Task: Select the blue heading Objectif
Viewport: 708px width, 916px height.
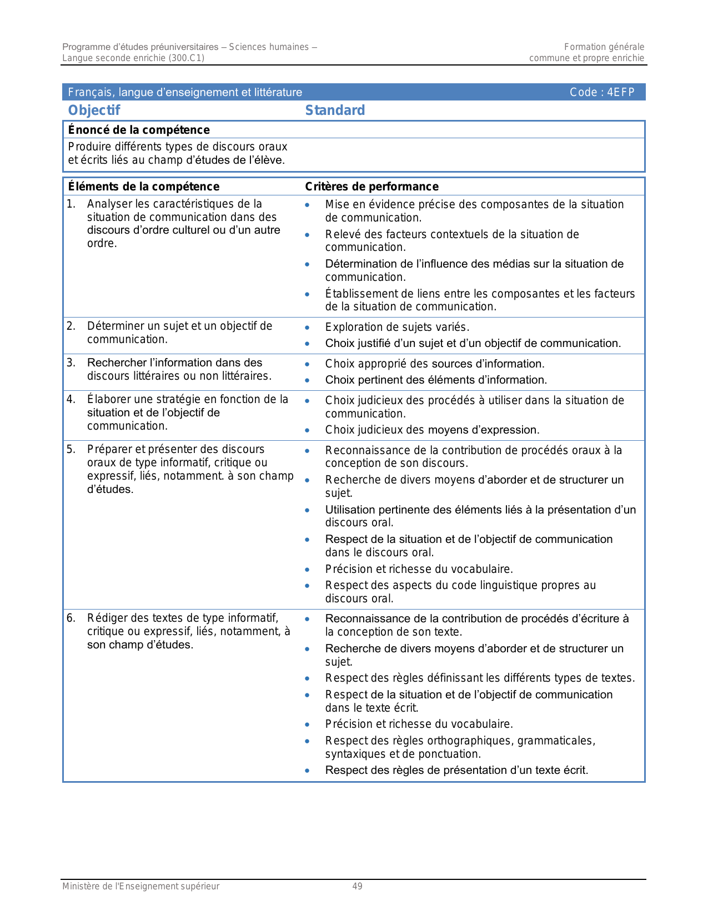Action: pos(94,110)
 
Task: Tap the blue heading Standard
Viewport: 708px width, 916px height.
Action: pos(335,110)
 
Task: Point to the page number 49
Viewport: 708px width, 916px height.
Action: pos(357,887)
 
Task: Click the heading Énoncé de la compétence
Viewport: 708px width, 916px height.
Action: pos(139,130)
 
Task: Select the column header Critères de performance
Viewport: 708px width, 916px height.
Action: pos(371,187)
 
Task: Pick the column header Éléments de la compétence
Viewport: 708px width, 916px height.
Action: pos(143,187)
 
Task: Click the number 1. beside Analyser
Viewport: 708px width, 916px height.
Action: pos(71,204)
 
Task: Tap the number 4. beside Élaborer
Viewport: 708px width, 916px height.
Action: pos(71,399)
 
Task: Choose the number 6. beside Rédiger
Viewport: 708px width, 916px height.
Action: pos(71,618)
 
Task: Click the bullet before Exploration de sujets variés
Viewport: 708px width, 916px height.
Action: pos(307,328)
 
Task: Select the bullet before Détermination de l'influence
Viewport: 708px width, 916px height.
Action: pos(307,264)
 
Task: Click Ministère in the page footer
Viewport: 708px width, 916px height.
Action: pos(81,887)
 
